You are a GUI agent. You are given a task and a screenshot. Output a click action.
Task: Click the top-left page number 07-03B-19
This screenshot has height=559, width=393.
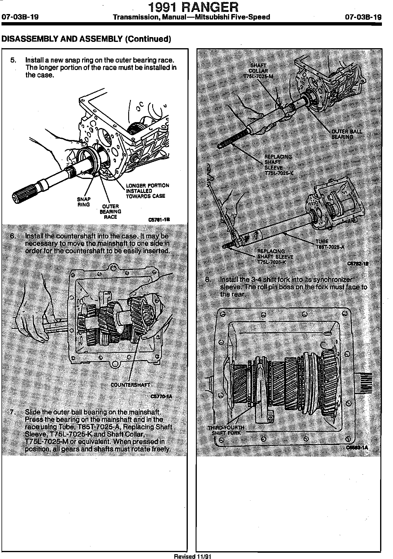point(20,17)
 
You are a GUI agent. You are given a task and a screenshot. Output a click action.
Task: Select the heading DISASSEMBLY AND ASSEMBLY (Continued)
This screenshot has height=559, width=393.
point(86,39)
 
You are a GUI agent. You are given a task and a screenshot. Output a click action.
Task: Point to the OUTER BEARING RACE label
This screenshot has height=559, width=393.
point(111,212)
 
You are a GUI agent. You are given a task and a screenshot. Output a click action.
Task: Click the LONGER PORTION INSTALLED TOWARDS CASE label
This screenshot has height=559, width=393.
point(146,191)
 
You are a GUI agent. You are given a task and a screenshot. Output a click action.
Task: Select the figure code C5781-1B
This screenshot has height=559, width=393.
point(159,219)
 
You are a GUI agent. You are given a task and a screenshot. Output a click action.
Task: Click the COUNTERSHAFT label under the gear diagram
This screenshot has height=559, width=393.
point(130,385)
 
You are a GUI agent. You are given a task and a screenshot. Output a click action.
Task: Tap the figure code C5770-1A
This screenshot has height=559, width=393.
point(161,397)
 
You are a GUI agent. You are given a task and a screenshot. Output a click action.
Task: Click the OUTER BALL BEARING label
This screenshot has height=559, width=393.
point(346,134)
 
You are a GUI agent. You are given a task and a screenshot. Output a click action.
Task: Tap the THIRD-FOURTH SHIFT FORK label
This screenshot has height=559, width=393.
point(226,430)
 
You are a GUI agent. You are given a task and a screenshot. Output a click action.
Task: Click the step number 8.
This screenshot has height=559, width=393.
point(208,279)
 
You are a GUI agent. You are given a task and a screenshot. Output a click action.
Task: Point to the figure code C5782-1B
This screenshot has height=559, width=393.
point(358,264)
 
